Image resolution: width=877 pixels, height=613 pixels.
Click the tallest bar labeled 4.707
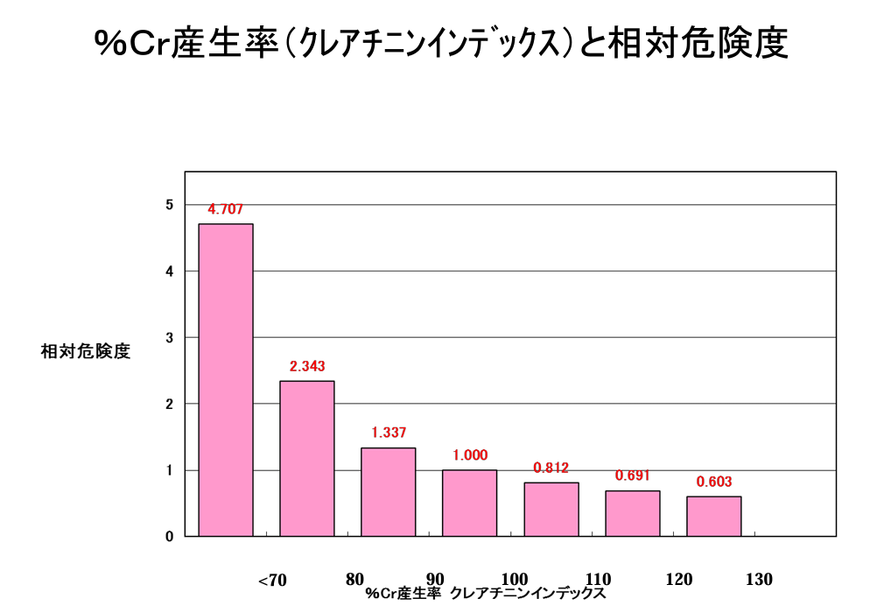[226, 380]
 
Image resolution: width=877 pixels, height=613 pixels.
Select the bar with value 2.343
[306, 458]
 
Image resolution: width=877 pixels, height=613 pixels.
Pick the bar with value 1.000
[469, 503]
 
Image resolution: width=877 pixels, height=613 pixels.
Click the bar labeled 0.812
[551, 509]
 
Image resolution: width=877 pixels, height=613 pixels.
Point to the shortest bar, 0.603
[713, 516]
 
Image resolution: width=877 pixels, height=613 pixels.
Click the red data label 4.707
[225, 209]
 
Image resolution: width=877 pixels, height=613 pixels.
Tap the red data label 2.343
[307, 366]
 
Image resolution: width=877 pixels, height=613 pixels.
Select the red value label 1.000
[470, 455]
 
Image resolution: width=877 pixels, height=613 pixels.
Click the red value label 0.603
[713, 482]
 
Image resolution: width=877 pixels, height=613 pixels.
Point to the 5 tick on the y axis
[169, 205]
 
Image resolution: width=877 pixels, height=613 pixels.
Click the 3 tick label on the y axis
[169, 337]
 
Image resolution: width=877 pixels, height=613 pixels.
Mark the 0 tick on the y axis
[169, 536]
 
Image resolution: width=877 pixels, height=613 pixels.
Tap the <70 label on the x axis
[272, 580]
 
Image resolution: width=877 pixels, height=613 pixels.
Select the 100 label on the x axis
[516, 579]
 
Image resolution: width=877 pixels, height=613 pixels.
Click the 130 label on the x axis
[759, 579]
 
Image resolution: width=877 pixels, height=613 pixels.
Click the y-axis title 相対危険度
[86, 352]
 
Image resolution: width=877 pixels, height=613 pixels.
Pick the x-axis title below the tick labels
[486, 593]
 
